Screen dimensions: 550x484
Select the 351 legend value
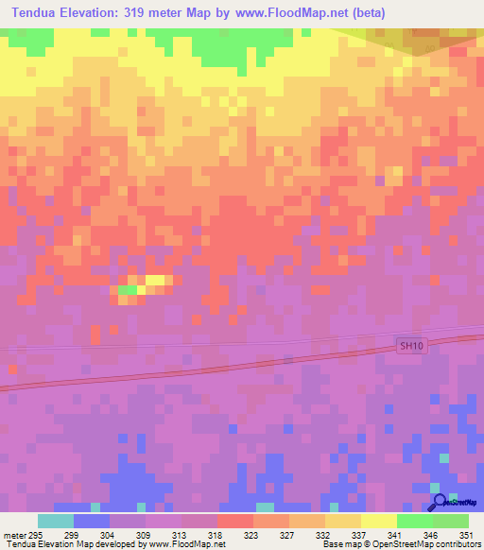coord(466,534)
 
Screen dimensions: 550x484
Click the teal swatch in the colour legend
coord(56,521)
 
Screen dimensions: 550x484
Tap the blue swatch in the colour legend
coord(92,521)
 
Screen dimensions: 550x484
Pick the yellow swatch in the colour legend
coord(379,521)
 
